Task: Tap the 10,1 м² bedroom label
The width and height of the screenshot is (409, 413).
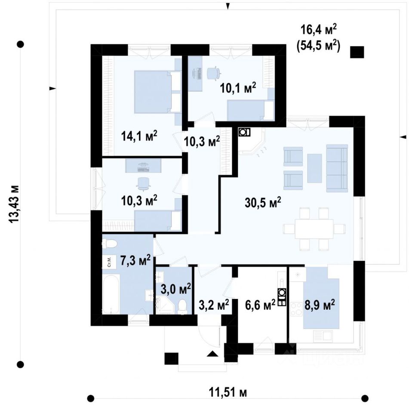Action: coord(238,89)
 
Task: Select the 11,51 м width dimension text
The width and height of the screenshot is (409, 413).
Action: coord(228,392)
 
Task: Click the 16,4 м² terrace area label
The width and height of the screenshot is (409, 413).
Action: coord(318,30)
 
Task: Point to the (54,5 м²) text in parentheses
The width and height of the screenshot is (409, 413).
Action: coord(318,46)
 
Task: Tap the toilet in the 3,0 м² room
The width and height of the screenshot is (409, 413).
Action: coord(182,304)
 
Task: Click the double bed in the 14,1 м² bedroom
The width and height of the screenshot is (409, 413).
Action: coord(157,92)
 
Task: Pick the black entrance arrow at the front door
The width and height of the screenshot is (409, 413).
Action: coord(212,354)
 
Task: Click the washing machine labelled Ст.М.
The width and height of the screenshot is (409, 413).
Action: coord(109,262)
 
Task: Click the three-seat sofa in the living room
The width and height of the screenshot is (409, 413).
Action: coord(337,168)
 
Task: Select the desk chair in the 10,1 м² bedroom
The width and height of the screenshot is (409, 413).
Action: coord(212,73)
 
